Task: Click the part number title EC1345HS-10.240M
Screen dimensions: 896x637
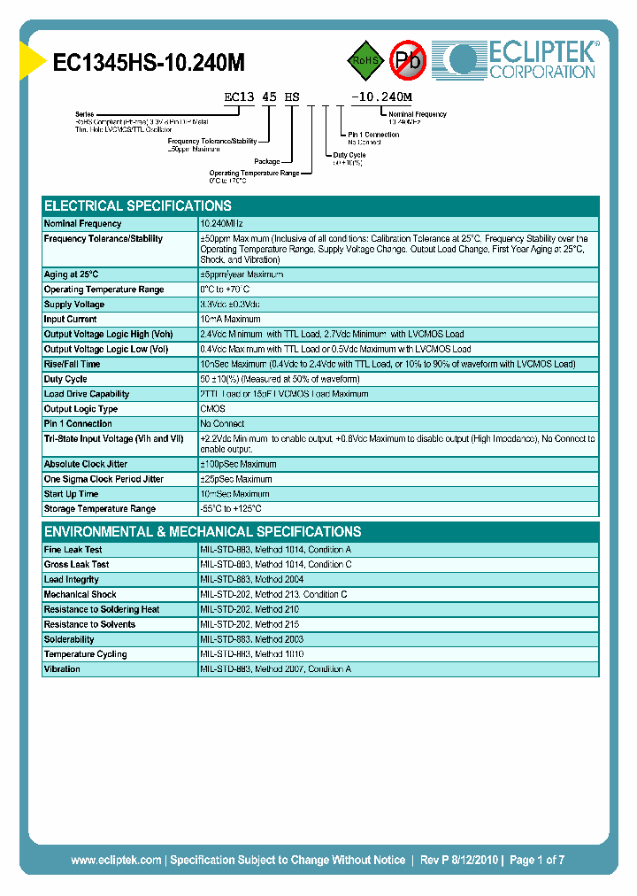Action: coord(149,63)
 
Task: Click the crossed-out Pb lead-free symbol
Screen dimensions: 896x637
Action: coord(408,60)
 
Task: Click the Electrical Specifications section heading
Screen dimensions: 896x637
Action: coord(137,205)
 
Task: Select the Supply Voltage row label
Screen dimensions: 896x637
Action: coord(75,305)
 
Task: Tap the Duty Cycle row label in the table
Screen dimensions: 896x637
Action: coord(65,379)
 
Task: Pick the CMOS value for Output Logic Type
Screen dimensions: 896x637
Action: coord(213,409)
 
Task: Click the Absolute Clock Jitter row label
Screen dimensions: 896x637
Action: coord(86,464)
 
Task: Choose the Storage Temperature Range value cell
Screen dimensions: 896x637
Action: coord(231,509)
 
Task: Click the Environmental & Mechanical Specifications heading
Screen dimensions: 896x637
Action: coord(203,532)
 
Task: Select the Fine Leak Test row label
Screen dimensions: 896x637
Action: coord(73,550)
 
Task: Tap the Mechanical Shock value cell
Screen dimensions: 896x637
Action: coord(273,595)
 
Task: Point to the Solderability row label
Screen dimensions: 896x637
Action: coord(69,639)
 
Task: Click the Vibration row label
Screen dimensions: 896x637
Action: coord(62,669)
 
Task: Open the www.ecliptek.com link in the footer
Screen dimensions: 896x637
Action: coord(116,860)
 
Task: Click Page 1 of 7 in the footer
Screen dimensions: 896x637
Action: coord(535,860)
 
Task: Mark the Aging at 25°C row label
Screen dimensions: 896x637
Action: coord(72,274)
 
